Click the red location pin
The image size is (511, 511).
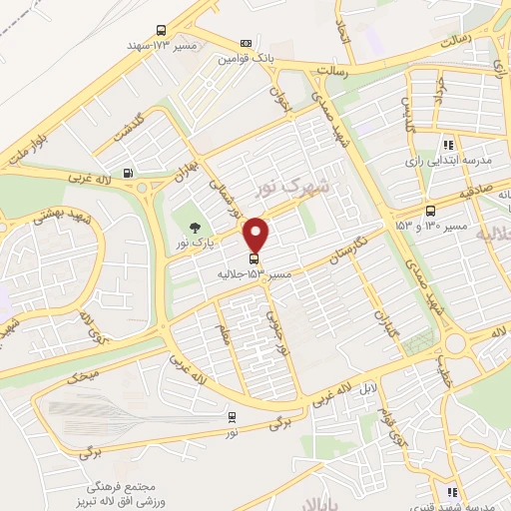(x=257, y=236)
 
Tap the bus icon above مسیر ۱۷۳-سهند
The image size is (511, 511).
(x=162, y=31)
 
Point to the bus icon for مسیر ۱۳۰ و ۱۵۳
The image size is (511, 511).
(x=430, y=211)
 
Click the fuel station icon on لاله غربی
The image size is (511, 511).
(x=128, y=173)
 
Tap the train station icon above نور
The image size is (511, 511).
(x=232, y=417)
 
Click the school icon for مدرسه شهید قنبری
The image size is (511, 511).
(x=452, y=492)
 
